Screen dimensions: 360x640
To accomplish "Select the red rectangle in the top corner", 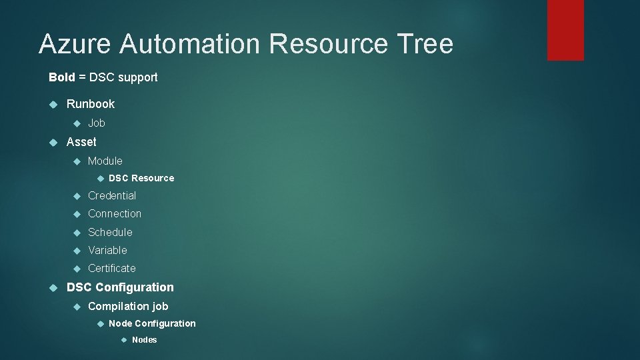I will [565, 30].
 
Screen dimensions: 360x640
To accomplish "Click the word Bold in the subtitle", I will [62, 77].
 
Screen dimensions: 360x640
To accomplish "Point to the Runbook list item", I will [91, 104].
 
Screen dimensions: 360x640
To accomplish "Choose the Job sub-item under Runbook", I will [97, 123].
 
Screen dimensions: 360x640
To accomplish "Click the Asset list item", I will [81, 142].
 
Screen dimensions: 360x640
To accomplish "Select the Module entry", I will [105, 161].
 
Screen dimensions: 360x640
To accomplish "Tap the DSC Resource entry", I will [141, 178].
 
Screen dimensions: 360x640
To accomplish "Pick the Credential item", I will [112, 196].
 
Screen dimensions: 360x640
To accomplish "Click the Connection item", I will [115, 214].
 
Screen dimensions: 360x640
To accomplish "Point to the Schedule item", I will [110, 232].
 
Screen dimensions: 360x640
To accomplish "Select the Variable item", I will [107, 250].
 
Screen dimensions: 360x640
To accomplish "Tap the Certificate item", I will [112, 268].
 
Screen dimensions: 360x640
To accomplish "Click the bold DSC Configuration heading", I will [120, 287].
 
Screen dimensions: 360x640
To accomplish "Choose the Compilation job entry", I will [128, 306].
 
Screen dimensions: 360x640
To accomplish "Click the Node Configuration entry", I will [152, 323].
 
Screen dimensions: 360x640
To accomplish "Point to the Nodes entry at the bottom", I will [145, 340].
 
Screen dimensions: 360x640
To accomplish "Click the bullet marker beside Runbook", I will [54, 104].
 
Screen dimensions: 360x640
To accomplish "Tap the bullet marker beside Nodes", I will [123, 340].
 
